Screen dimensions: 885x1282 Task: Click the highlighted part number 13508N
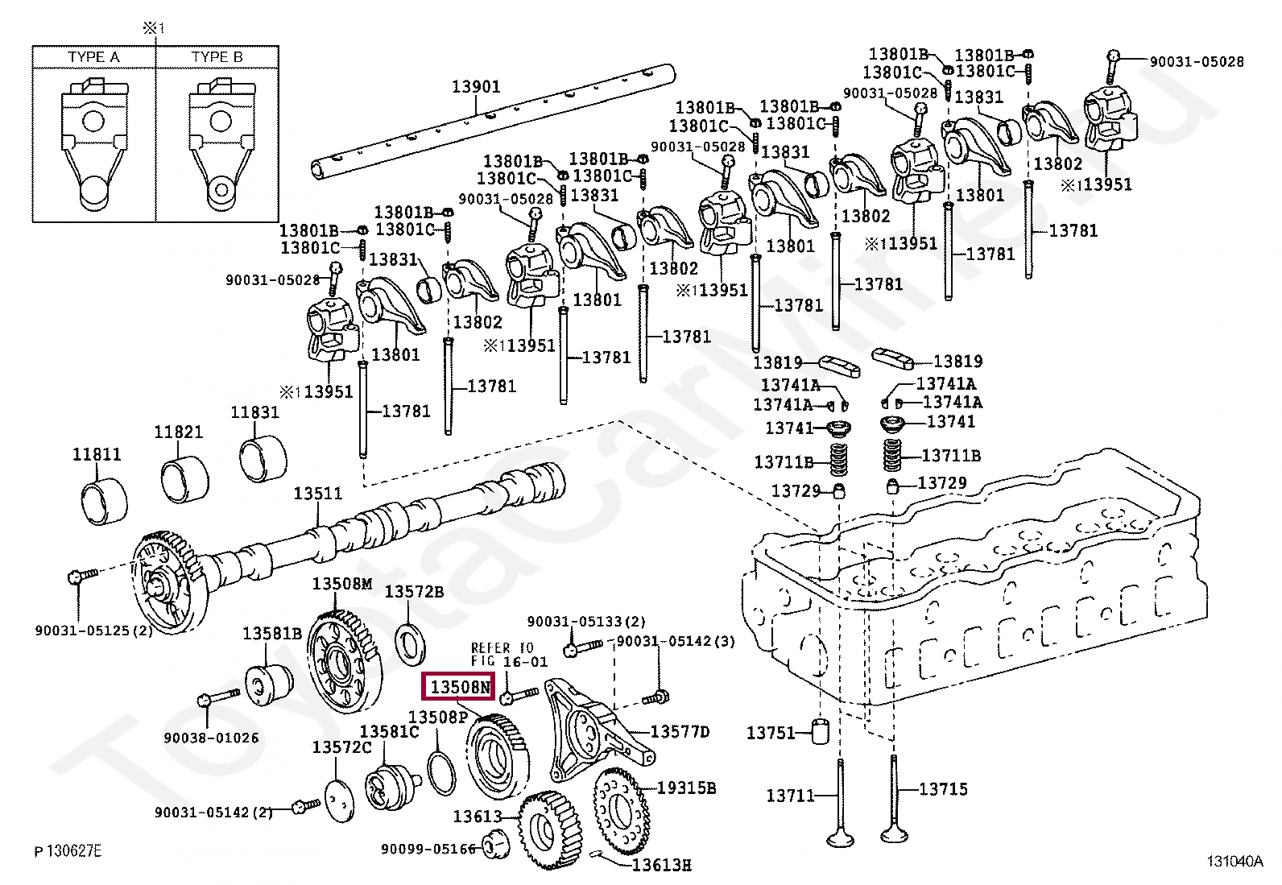(459, 687)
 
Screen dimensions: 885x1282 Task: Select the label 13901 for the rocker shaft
(475, 86)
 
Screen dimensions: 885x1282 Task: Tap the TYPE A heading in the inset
(93, 57)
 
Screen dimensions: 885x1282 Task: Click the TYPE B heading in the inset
(217, 57)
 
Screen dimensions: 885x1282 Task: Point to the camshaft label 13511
(317, 493)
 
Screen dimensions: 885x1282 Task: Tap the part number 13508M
(342, 584)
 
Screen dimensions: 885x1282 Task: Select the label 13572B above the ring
(414, 592)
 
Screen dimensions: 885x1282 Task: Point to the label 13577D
(680, 731)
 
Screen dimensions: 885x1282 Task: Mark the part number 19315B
(686, 788)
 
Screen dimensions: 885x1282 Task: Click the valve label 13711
(791, 796)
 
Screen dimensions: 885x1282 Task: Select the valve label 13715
(943, 789)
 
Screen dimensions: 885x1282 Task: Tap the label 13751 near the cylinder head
(771, 733)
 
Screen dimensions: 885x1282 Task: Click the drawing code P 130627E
(68, 851)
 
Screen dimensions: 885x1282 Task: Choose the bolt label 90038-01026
(211, 738)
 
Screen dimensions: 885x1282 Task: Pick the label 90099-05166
(428, 849)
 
